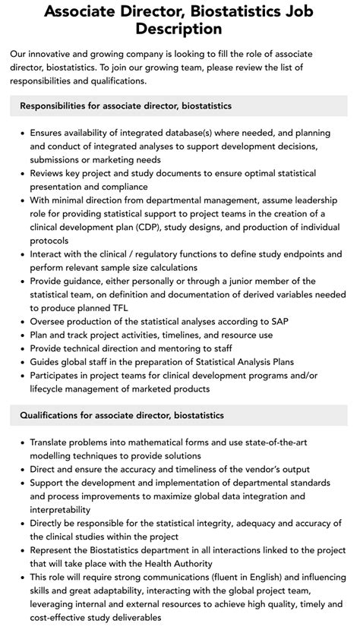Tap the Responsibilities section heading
(x=125, y=105)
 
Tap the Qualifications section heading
(x=122, y=415)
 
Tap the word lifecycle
(x=51, y=390)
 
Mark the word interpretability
(x=60, y=509)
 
